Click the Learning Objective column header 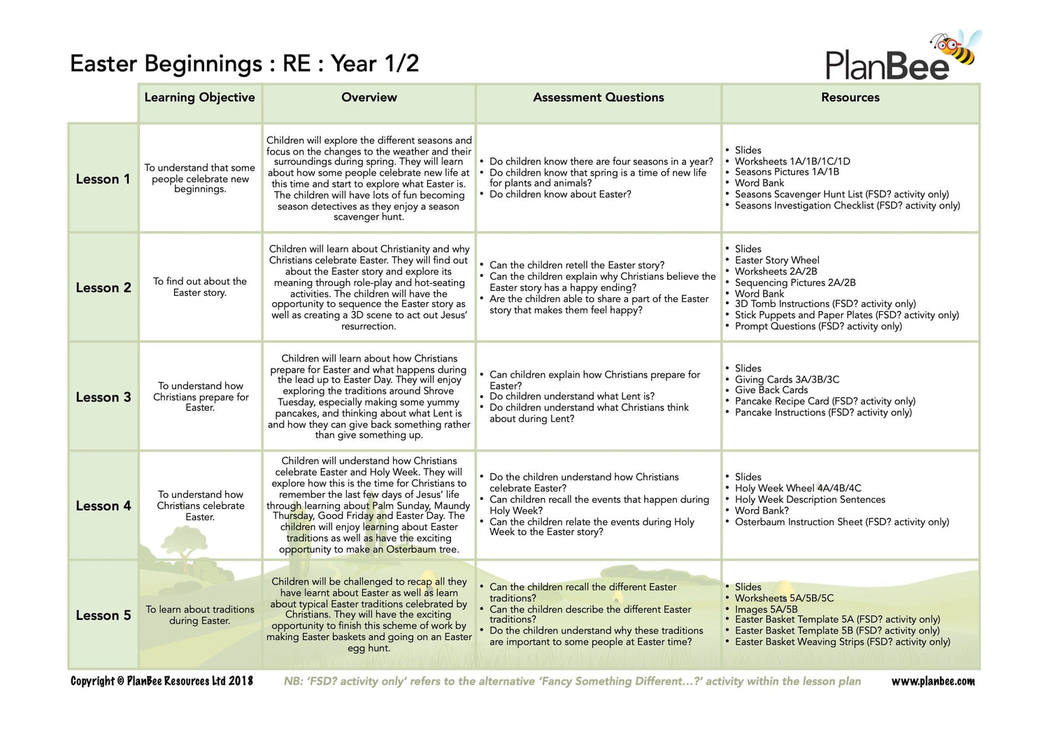(199, 98)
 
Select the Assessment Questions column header (598, 98)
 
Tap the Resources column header (850, 98)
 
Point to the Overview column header (369, 98)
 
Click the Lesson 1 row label (103, 179)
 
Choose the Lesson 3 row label (103, 397)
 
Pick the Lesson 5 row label (103, 615)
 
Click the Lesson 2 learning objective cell (200, 287)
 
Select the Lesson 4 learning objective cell (200, 506)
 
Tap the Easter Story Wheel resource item (776, 260)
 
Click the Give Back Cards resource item (771, 390)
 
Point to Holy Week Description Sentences (810, 499)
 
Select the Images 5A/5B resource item (766, 609)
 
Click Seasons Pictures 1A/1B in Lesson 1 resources (787, 172)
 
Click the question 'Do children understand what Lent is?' (571, 397)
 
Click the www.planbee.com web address (932, 681)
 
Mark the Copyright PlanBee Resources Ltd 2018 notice (162, 681)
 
